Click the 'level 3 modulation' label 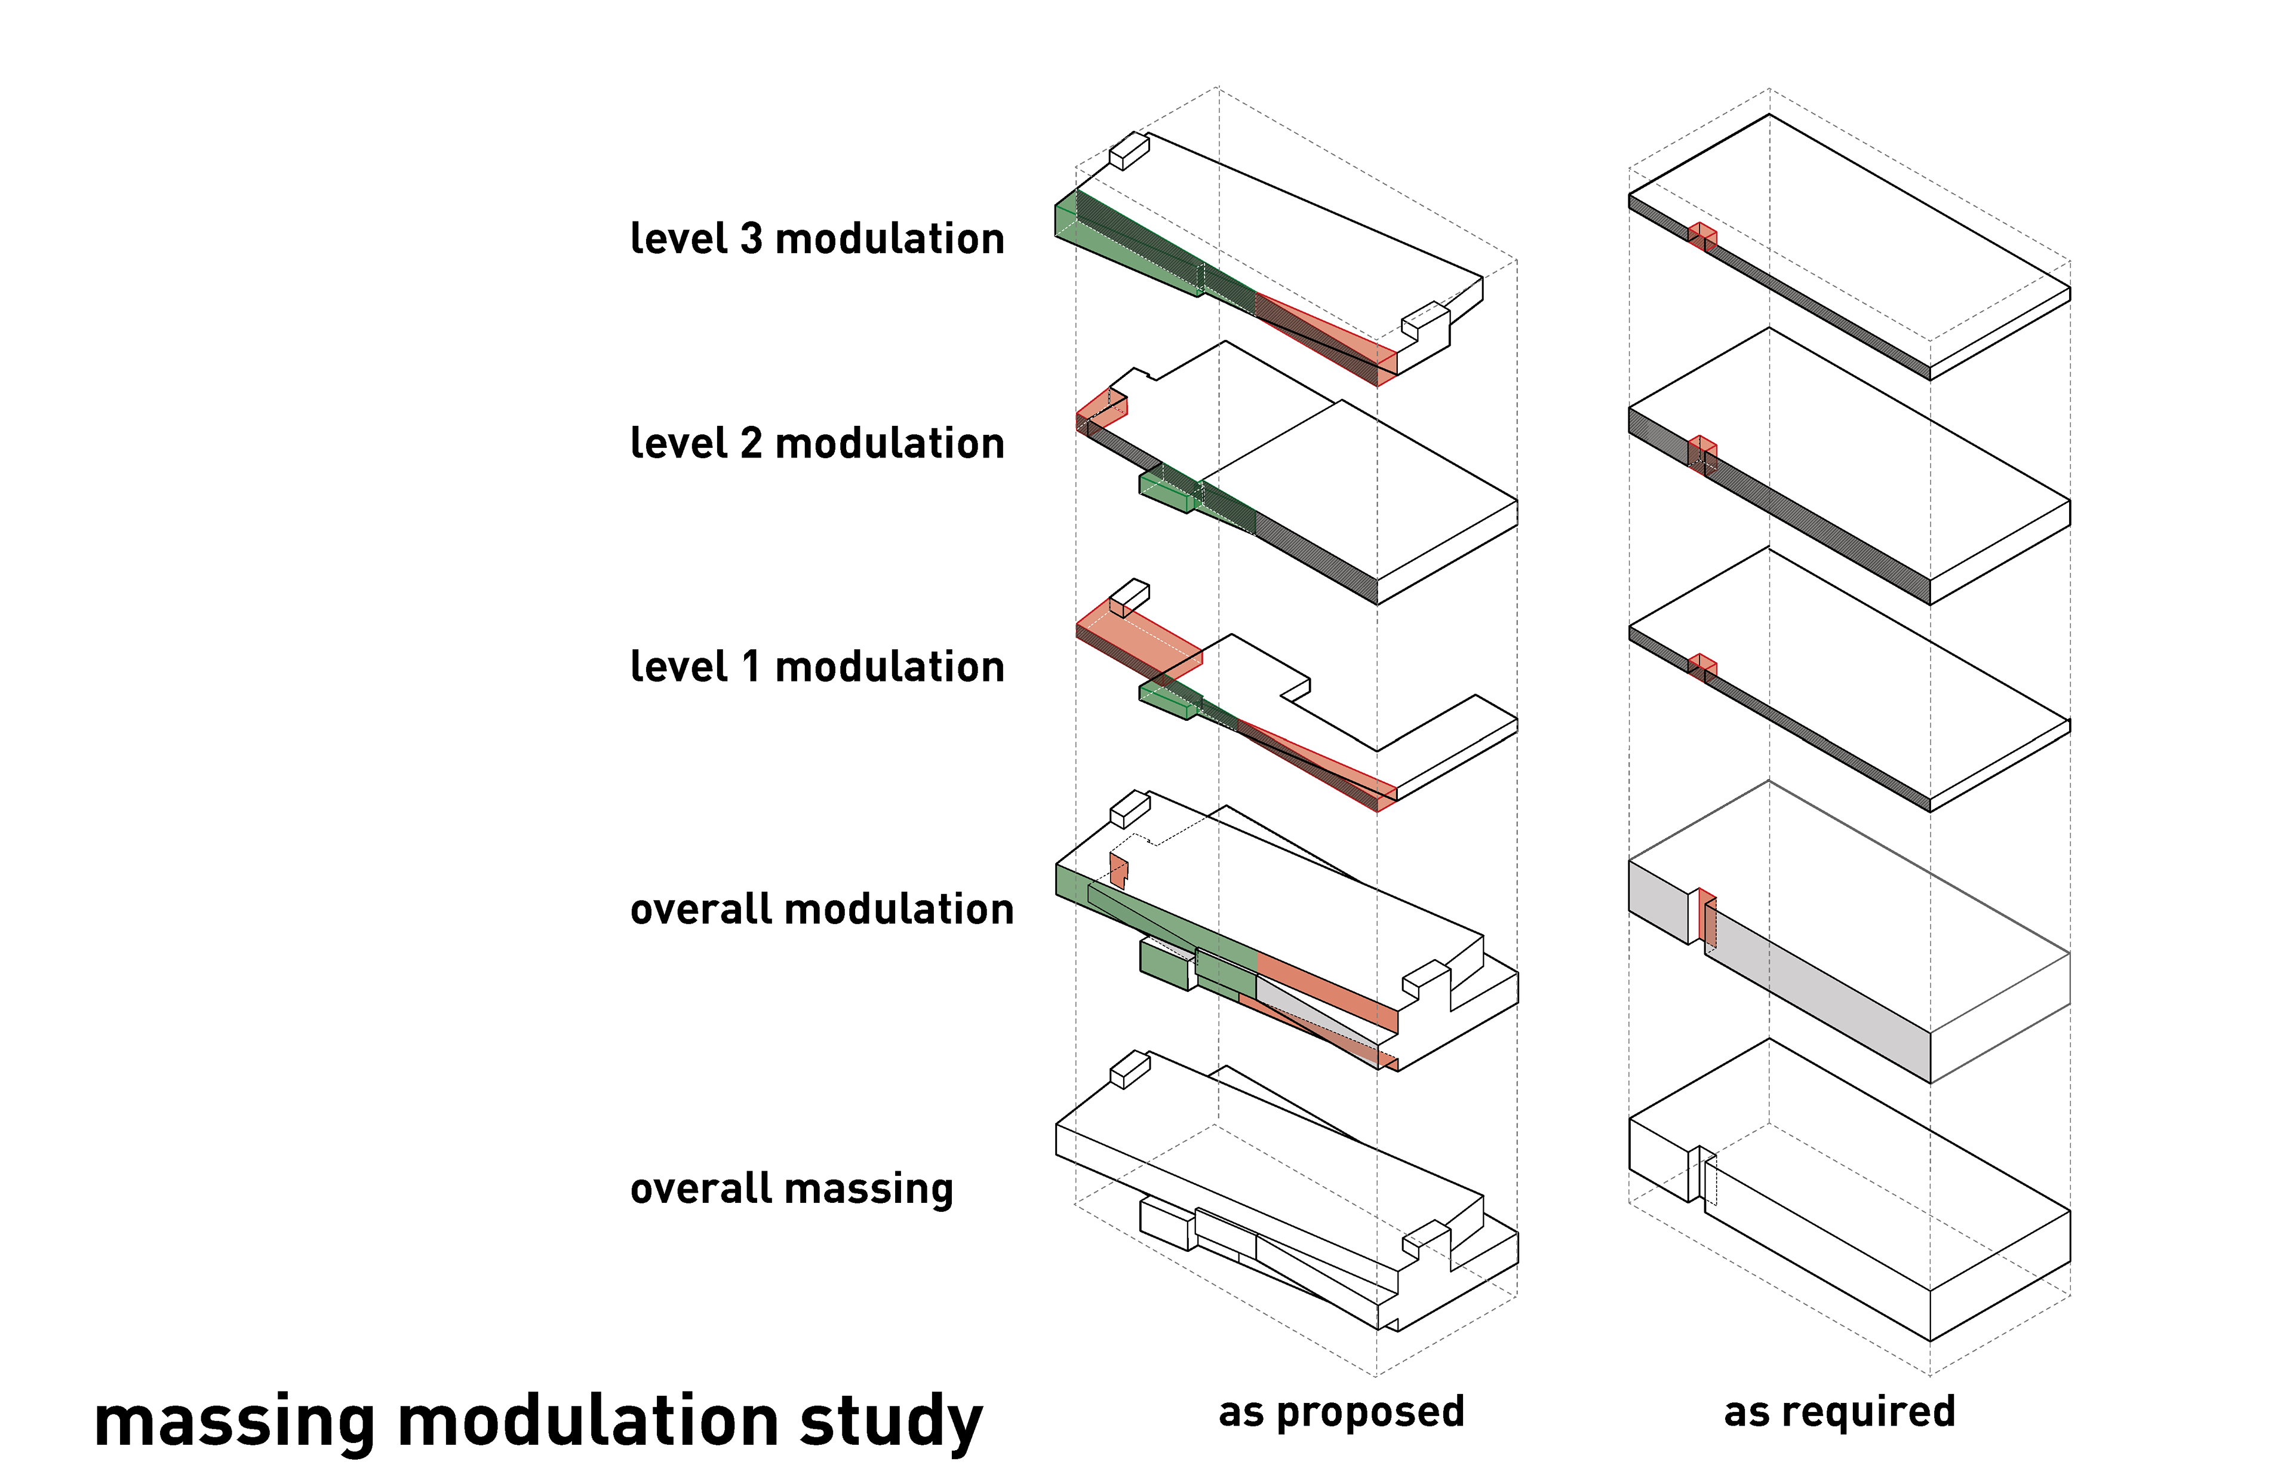[817, 238]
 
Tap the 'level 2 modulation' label [817, 443]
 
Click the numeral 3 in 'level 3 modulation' [751, 238]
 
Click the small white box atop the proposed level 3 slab [1129, 151]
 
